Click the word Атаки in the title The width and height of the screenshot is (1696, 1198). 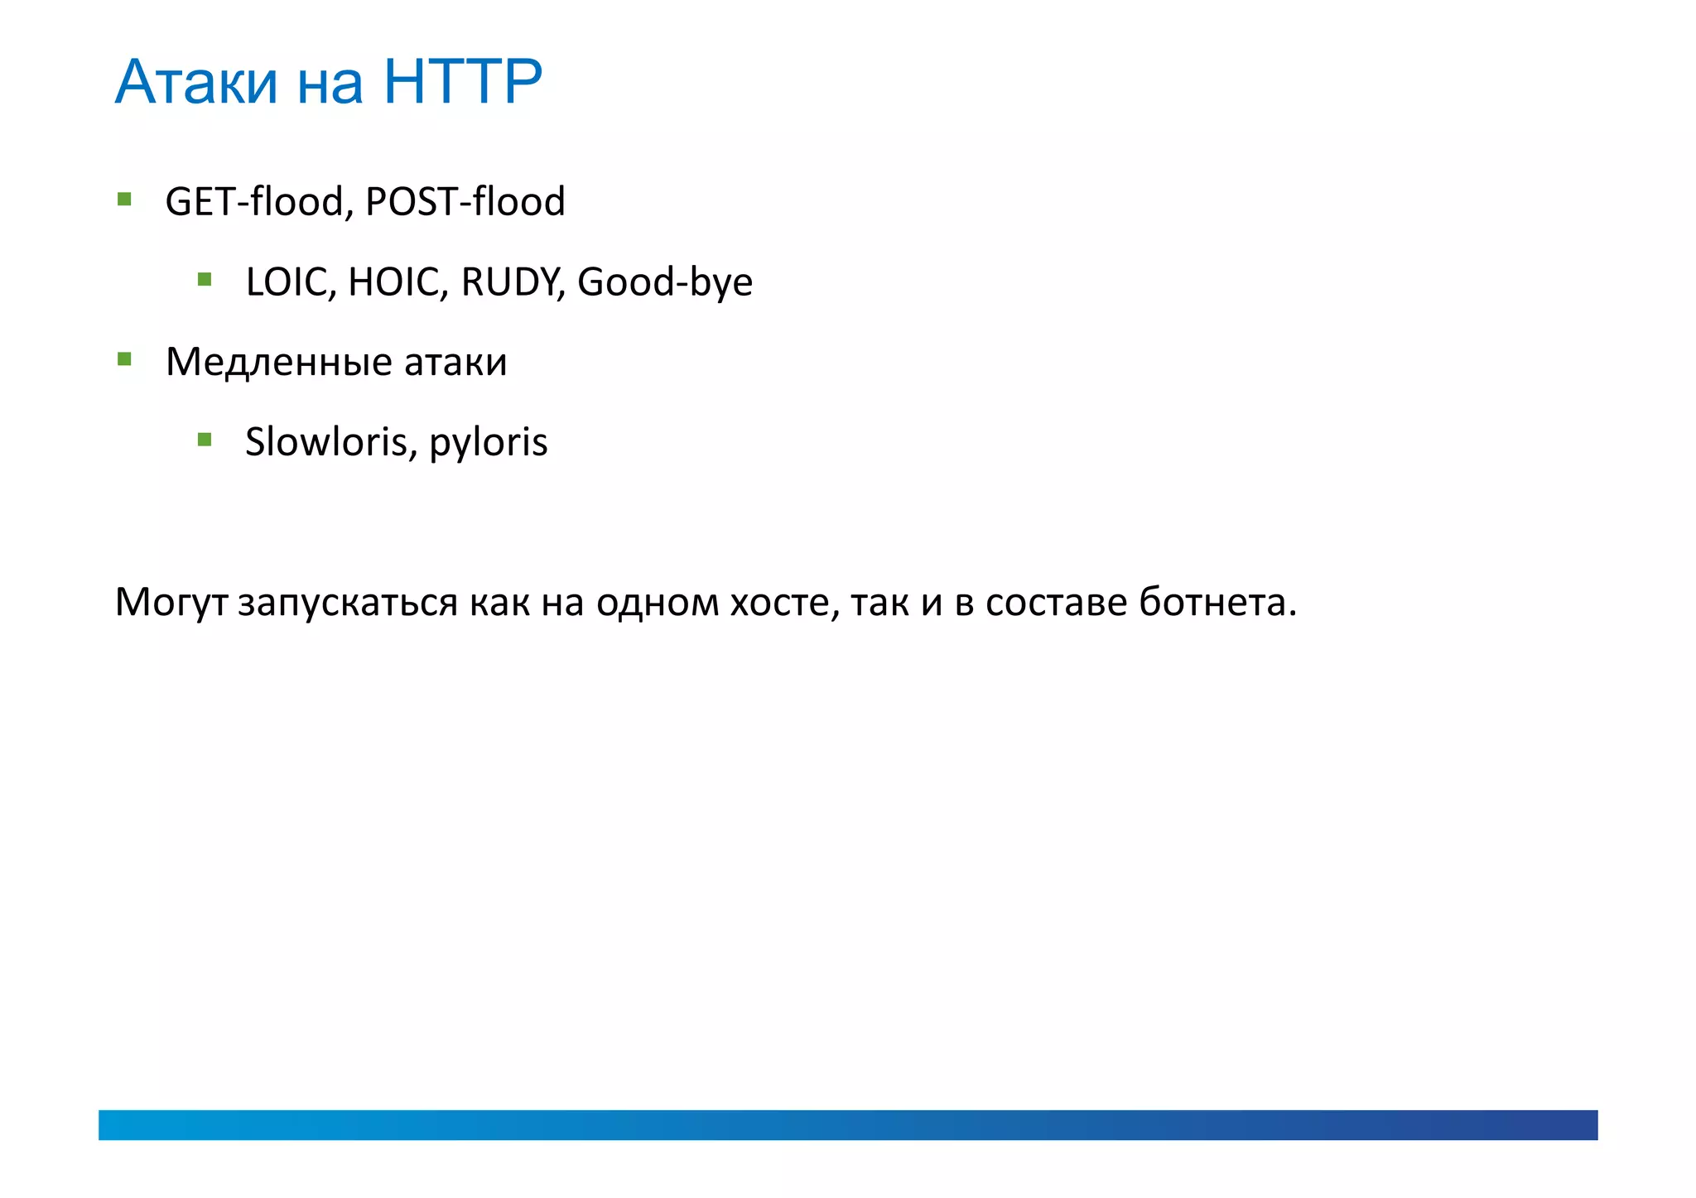tap(196, 82)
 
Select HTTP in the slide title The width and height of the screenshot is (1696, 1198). tap(462, 82)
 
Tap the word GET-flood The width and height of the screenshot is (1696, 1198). tap(254, 201)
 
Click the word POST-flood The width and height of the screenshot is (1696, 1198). tap(465, 201)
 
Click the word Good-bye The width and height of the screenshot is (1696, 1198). tap(665, 282)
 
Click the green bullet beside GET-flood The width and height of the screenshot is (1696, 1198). tap(124, 199)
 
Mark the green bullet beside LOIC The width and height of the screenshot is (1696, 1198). tap(205, 279)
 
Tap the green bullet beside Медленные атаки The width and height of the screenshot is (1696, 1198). tap(124, 359)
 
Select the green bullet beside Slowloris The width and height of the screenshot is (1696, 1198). tap(205, 439)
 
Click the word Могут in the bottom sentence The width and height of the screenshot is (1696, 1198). tap(171, 603)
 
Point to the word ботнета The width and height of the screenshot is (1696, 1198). tap(1217, 602)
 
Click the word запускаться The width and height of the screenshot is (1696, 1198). tap(347, 603)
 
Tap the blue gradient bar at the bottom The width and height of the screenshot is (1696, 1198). tap(848, 1124)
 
